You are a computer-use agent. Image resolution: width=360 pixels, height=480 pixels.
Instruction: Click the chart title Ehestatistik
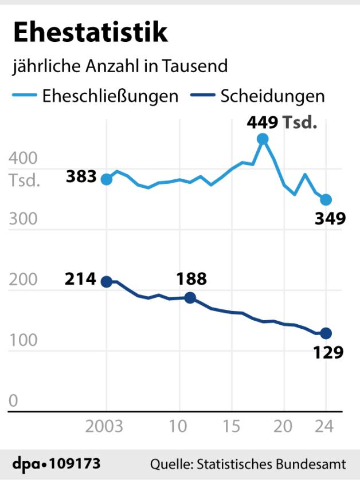pyautogui.click(x=91, y=33)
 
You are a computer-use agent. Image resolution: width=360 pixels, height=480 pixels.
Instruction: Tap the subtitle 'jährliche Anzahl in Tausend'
pyautogui.click(x=120, y=66)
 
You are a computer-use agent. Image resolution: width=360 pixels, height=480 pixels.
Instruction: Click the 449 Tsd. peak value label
pyautogui.click(x=281, y=122)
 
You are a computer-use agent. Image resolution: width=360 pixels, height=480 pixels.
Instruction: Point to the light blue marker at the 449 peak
pyautogui.click(x=263, y=139)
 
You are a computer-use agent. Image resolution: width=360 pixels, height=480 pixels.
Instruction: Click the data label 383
pyautogui.click(x=81, y=177)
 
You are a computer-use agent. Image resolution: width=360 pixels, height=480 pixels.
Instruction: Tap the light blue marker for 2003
pyautogui.click(x=106, y=179)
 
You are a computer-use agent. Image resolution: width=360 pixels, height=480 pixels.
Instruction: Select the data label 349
pyautogui.click(x=330, y=218)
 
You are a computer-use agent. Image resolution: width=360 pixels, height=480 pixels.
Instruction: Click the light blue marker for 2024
pyautogui.click(x=326, y=199)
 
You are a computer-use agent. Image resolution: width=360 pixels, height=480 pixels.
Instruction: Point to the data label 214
pyautogui.click(x=81, y=280)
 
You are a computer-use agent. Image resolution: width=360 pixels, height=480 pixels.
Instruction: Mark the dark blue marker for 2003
pyautogui.click(x=106, y=281)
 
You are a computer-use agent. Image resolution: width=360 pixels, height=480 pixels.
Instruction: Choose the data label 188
pyautogui.click(x=190, y=279)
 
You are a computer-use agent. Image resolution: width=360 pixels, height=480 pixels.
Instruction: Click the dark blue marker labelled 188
pyautogui.click(x=190, y=297)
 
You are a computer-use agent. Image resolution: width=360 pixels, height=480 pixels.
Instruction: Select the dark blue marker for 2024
pyautogui.click(x=326, y=333)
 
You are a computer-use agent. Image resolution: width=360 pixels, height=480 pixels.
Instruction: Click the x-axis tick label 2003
pyautogui.click(x=104, y=427)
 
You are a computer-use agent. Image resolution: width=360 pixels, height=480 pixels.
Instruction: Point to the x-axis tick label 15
pyautogui.click(x=232, y=427)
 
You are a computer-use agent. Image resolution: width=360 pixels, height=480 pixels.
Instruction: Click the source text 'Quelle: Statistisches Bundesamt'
pyautogui.click(x=248, y=463)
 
